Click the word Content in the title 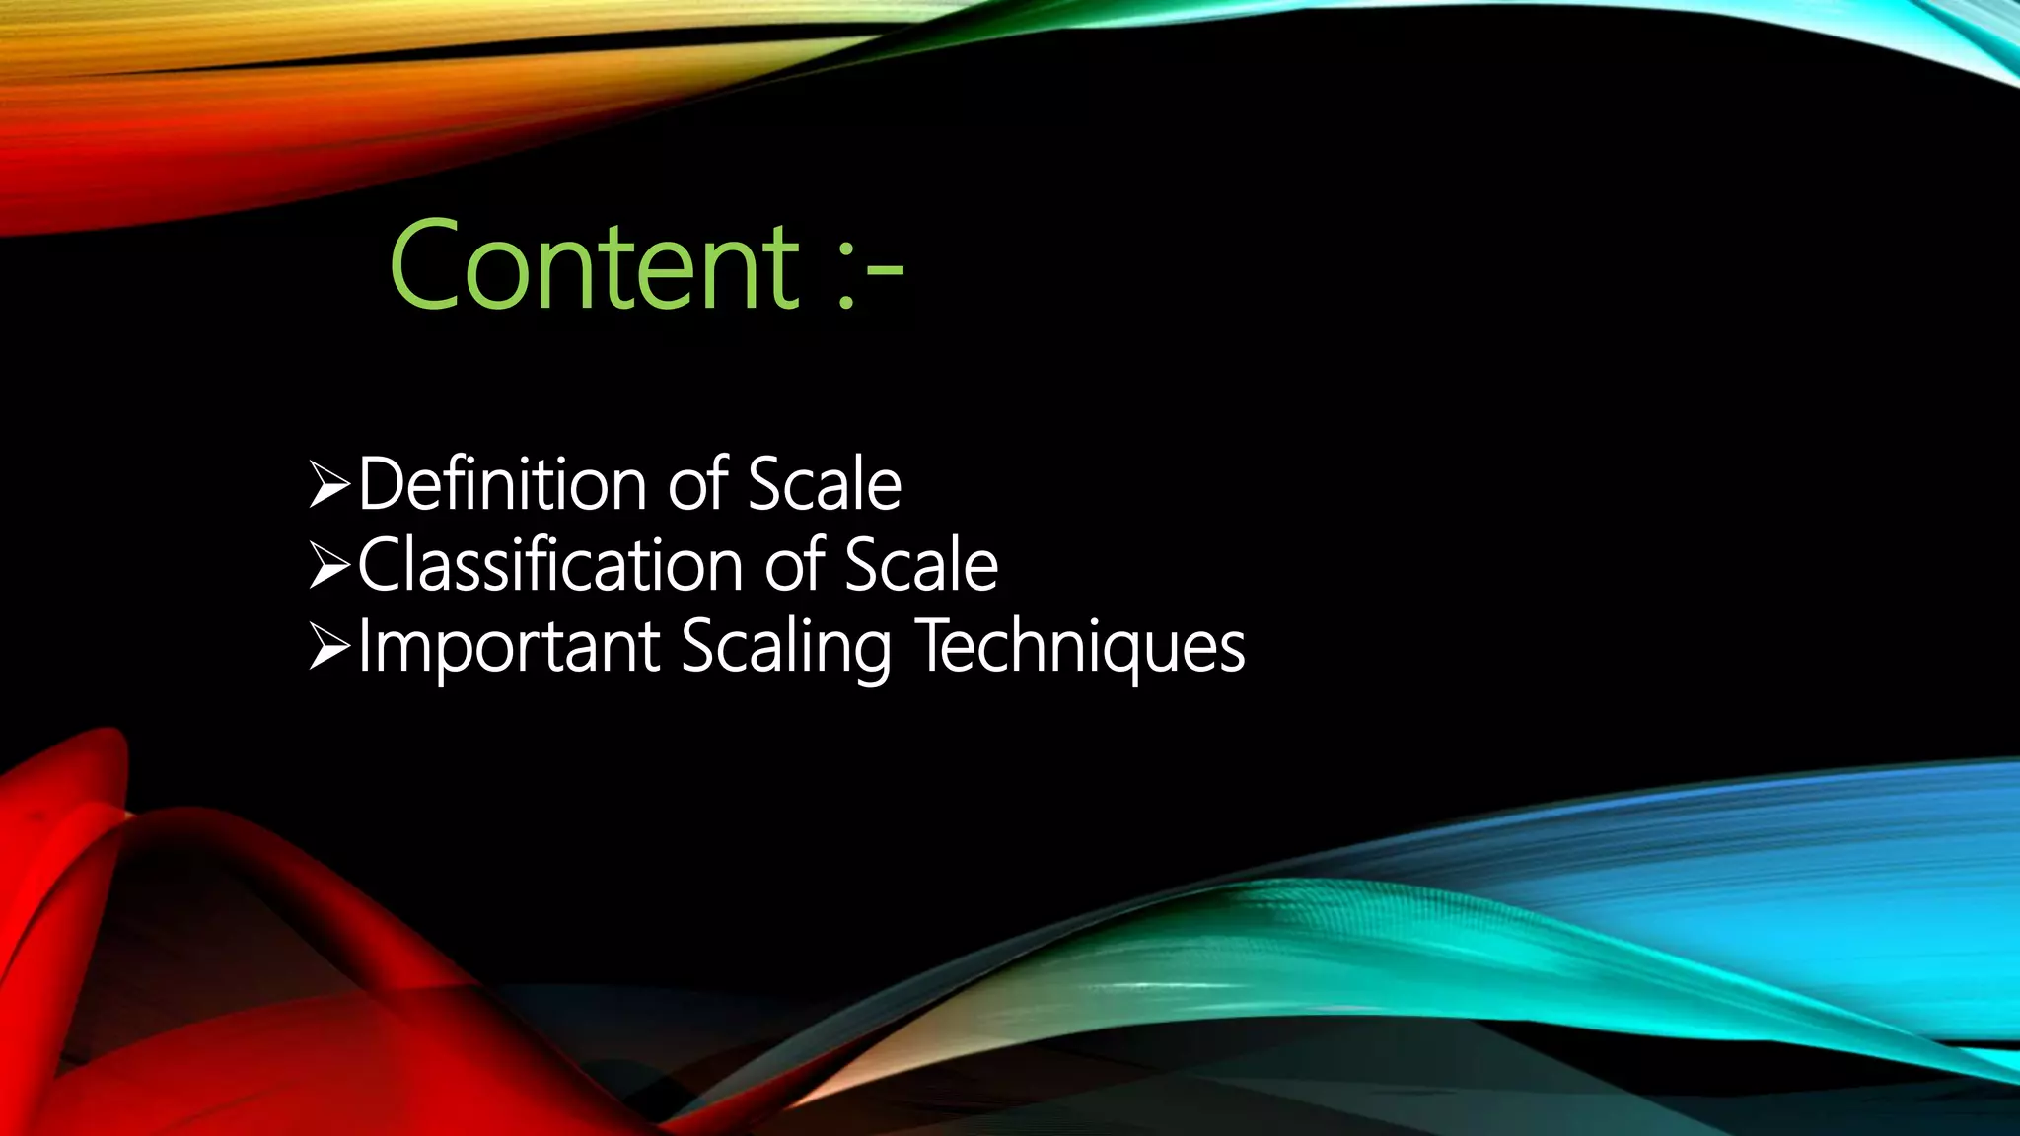pos(595,266)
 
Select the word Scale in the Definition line pos(824,484)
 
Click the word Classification pos(550,565)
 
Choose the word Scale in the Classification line pos(921,565)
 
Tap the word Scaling pos(785,648)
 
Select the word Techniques pos(1081,646)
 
